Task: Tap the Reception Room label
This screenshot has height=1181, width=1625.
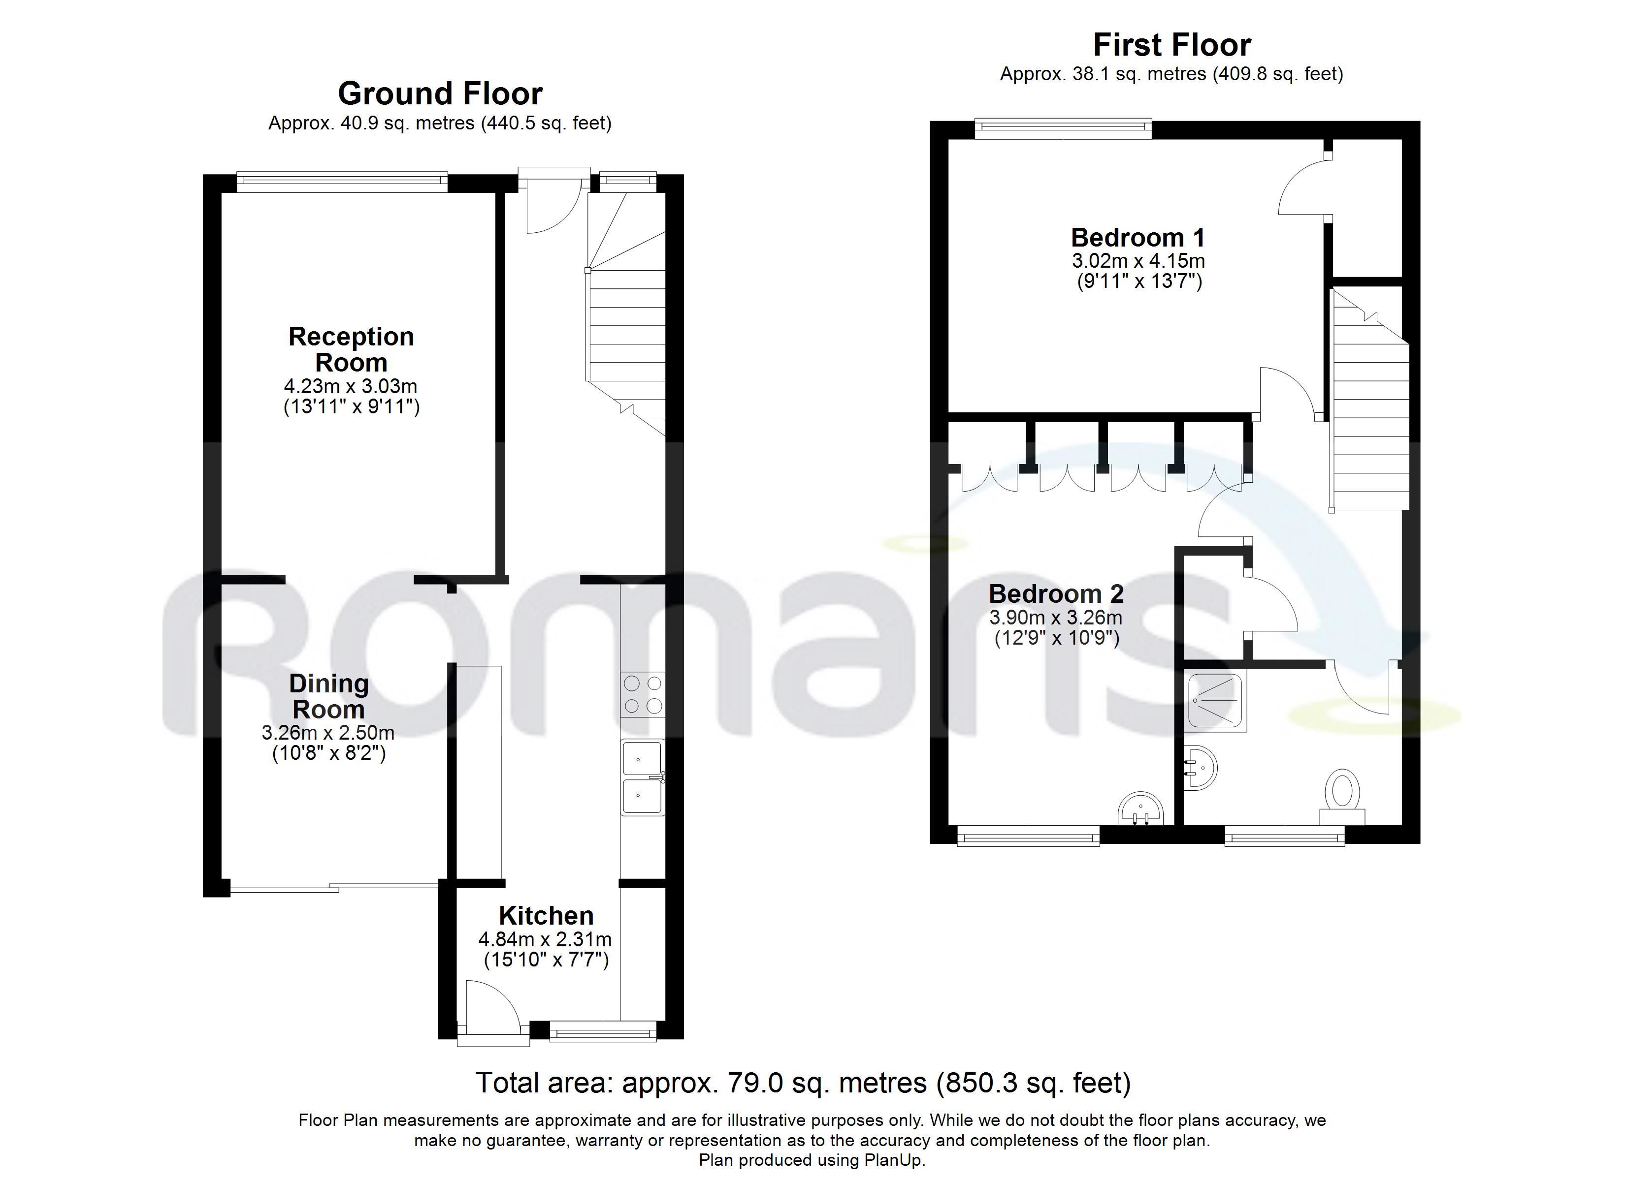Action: (x=351, y=349)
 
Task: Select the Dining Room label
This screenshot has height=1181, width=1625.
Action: (x=329, y=696)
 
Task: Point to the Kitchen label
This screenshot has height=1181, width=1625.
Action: (x=546, y=915)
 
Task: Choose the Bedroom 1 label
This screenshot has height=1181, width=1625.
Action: (x=1138, y=237)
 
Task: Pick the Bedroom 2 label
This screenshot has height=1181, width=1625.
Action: (x=1056, y=594)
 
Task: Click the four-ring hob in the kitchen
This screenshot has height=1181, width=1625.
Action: (x=643, y=695)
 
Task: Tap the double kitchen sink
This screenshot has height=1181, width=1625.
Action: (x=643, y=777)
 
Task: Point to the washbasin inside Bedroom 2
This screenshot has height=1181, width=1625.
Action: (x=1140, y=808)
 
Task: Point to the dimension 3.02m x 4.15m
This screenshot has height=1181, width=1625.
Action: (x=1138, y=261)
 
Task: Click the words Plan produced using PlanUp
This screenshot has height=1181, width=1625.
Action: (x=812, y=1160)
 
